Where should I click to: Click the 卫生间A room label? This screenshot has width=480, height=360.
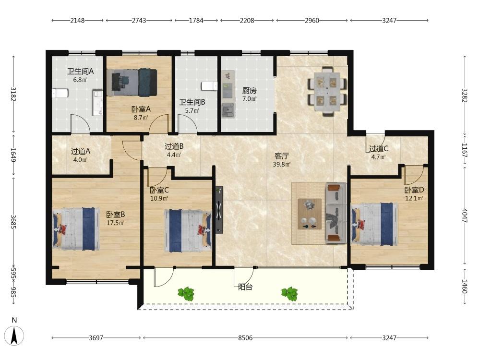coord(80,72)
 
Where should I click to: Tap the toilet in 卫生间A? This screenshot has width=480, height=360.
coord(59,93)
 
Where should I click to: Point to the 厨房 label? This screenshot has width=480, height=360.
coord(249,91)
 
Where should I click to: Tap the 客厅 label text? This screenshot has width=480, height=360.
coord(282,156)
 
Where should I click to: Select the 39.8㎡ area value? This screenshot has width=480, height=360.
coord(282,164)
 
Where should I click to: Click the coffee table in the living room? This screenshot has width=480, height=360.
coord(310,214)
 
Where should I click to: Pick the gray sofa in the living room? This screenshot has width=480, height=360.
coord(336,213)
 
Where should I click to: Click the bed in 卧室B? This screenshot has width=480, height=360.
coord(76,228)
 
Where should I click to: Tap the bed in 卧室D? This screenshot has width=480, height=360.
coord(375,224)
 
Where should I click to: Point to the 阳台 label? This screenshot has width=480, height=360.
coord(245,287)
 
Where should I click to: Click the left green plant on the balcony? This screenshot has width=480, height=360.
coord(186,294)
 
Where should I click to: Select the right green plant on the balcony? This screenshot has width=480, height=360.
coord(289,294)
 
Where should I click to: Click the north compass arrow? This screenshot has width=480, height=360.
coord(14,336)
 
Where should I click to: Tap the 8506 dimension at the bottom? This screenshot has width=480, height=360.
coord(245,338)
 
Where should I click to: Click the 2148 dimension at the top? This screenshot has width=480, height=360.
coord(77,21)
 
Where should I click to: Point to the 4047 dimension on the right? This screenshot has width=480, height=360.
coord(465,216)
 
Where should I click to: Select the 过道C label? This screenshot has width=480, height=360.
coord(378,149)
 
